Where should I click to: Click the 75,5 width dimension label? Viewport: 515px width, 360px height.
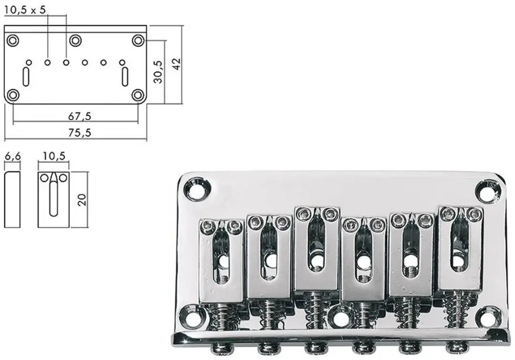coord(80,133)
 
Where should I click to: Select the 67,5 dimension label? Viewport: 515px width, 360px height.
coord(80,116)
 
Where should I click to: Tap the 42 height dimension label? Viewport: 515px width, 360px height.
coord(177,64)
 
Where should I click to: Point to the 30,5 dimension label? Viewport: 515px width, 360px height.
coord(158,72)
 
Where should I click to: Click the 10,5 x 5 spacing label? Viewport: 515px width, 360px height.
coord(25,10)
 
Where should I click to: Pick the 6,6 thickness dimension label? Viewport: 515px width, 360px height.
coord(12,156)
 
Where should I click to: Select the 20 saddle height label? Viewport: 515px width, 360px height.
coord(82,200)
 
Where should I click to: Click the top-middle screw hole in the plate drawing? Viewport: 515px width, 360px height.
coord(75,41)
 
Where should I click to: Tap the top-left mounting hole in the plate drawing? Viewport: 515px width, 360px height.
coord(13,41)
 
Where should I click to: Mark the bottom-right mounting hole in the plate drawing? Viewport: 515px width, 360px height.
coord(138,95)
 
